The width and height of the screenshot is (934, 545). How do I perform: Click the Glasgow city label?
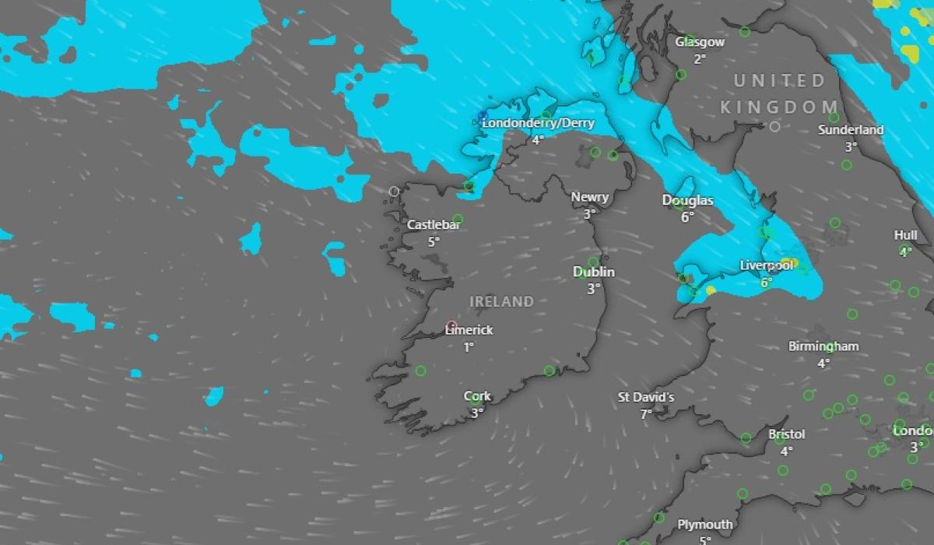(700, 42)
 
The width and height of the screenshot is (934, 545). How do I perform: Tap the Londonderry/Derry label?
(538, 124)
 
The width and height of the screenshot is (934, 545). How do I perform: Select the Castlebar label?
(434, 225)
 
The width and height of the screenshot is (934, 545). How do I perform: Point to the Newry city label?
(590, 198)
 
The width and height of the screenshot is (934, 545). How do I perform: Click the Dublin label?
(594, 272)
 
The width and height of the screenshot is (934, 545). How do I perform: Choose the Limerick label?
(469, 330)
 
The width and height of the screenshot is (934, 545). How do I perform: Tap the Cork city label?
(477, 396)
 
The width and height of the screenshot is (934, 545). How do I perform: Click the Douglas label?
(687, 201)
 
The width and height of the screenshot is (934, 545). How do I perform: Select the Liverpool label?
(766, 266)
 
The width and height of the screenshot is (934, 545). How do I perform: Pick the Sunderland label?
(851, 130)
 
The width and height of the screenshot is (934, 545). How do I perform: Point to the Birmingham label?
(823, 346)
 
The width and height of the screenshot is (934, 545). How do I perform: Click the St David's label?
(646, 398)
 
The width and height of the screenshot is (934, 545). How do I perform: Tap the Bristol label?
(786, 434)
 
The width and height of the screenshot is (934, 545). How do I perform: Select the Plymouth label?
(705, 525)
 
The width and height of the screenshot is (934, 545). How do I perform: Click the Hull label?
(905, 235)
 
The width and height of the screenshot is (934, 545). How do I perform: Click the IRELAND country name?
(502, 301)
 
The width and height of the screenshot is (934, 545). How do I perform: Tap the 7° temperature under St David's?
(646, 414)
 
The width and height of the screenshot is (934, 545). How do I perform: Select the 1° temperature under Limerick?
(469, 347)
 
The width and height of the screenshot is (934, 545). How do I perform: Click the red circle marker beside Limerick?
(451, 325)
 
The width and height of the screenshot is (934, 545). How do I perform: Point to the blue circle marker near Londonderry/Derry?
(483, 117)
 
